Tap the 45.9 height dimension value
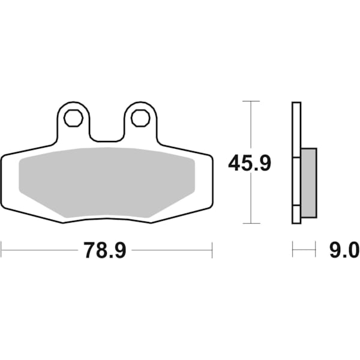pos(249,163)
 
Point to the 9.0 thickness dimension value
pos(343,250)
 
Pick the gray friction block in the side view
pos(308,183)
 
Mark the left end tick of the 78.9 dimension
pos(2,250)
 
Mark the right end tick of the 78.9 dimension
pos(212,250)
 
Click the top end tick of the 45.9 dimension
pos(250,101)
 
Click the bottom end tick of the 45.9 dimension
pos(250,223)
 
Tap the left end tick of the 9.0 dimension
pos(293,250)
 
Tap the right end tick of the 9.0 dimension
pos(316,250)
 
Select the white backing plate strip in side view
pos(296,163)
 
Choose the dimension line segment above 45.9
pos(250,126)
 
